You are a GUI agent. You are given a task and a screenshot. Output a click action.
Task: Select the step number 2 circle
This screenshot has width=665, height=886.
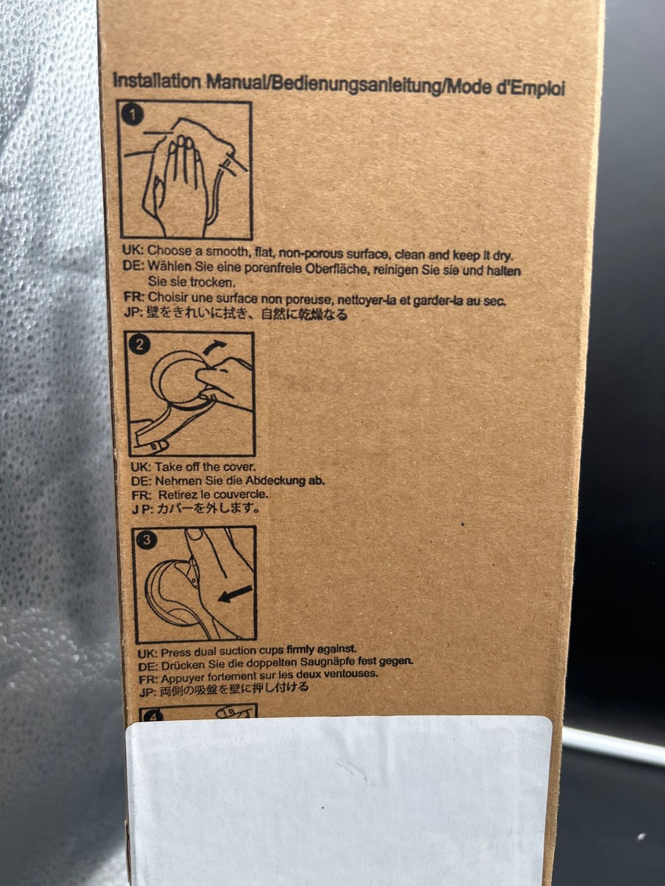pos(140,344)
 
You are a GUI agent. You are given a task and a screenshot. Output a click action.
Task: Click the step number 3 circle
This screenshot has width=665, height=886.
pos(146,540)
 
